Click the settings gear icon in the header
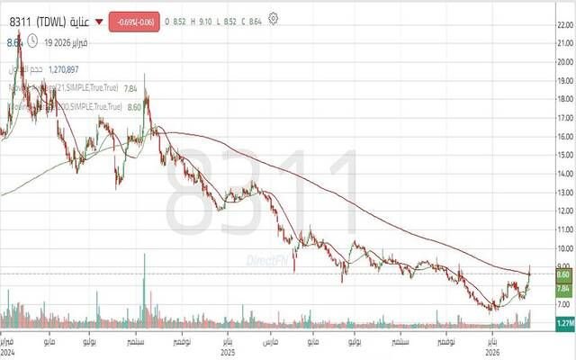click(x=274, y=17)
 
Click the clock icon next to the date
click(x=32, y=40)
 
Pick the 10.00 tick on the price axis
click(x=564, y=249)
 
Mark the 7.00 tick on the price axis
click(x=564, y=306)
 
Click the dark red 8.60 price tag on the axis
click(x=564, y=274)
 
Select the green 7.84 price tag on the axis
click(x=564, y=289)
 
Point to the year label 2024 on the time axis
click(x=7, y=352)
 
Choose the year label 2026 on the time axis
click(x=491, y=352)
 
